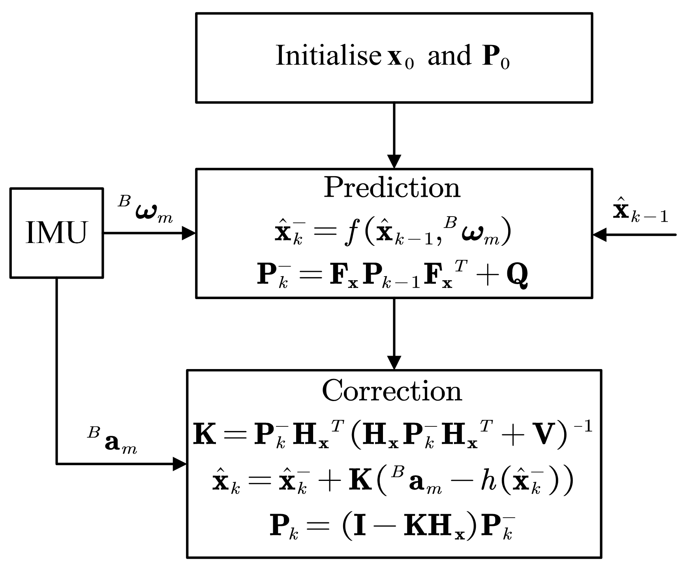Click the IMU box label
pos(56,233)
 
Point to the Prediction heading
pos(392,188)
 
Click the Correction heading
pos(392,391)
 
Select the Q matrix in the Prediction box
pos(517,275)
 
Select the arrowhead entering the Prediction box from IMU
pos(189,233)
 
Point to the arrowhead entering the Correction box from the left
pos(180,463)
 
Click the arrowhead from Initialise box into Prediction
pos(394,161)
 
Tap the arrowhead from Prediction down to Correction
pos(394,362)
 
